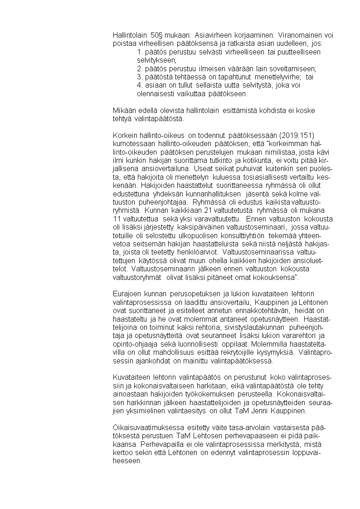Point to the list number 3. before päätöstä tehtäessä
(x=140, y=78)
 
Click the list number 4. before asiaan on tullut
(x=140, y=85)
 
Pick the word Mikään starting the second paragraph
(x=124, y=111)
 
